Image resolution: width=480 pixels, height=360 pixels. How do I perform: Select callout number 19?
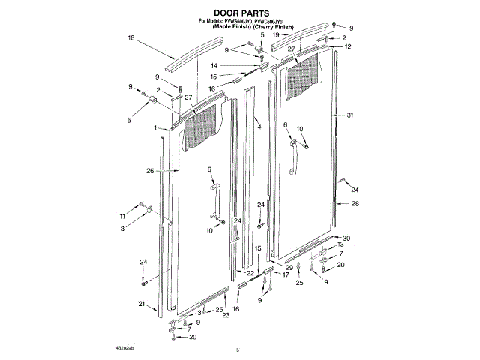(275, 35)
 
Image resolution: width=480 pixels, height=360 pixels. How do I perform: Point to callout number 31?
(350, 115)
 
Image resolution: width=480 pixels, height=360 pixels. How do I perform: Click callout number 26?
(150, 170)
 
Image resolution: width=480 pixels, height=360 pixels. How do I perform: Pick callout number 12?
(348, 46)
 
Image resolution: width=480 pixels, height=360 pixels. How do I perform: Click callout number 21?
(141, 303)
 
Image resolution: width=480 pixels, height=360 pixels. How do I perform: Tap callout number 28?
(355, 203)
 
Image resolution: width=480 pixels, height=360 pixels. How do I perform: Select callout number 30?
(346, 238)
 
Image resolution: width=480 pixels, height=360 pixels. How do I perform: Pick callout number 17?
(285, 275)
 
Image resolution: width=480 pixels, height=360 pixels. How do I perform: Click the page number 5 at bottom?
(236, 349)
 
